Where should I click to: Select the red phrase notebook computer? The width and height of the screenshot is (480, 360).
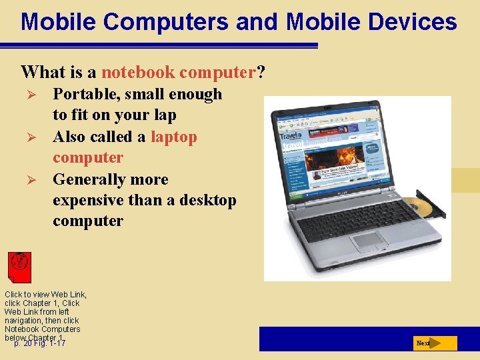179,71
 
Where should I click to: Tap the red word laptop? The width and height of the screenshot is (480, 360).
174,137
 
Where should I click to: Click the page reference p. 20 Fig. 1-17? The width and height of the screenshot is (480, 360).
40,343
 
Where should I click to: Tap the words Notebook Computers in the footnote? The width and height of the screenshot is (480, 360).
42,329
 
